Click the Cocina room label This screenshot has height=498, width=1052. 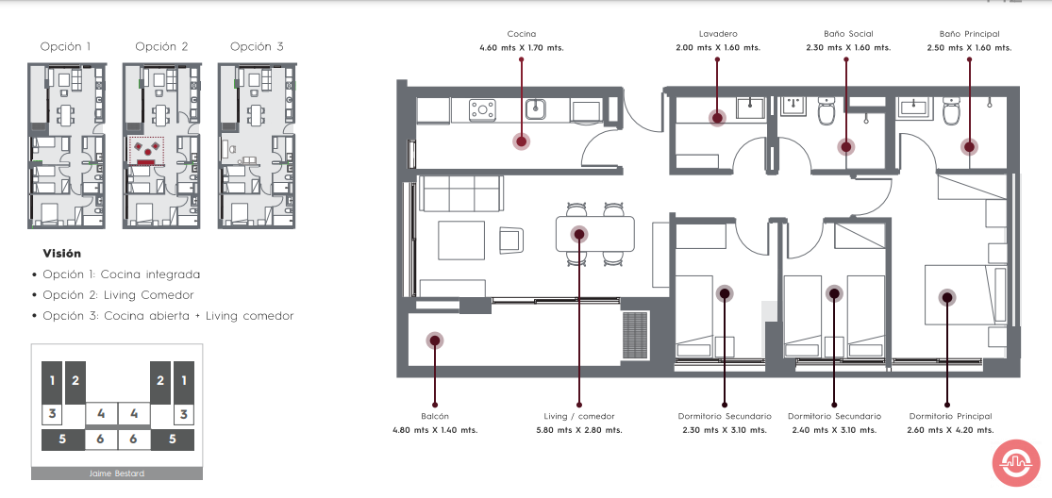pyautogui.click(x=522, y=34)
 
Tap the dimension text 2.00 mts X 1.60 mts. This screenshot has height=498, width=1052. pyautogui.click(x=718, y=47)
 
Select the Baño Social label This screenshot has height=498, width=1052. pyautogui.click(x=848, y=34)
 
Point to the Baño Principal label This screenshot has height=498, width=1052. pyautogui.click(x=969, y=34)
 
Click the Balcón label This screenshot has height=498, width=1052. pyautogui.click(x=435, y=416)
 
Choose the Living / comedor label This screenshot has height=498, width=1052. pyautogui.click(x=579, y=416)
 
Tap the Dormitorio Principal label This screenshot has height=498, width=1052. pyautogui.click(x=950, y=416)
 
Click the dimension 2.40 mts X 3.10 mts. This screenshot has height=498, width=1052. pyautogui.click(x=834, y=430)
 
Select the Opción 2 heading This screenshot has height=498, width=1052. pyautogui.click(x=161, y=47)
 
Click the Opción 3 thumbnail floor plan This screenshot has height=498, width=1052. pyautogui.click(x=257, y=145)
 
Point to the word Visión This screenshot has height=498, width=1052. pyautogui.click(x=61, y=254)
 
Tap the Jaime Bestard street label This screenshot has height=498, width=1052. pyautogui.click(x=117, y=473)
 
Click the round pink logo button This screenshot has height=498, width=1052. pyautogui.click(x=1016, y=463)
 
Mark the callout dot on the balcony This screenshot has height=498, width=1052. pyautogui.click(x=434, y=340)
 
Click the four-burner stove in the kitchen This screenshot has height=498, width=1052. pyautogui.click(x=482, y=109)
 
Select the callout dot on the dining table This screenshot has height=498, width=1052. pyautogui.click(x=578, y=234)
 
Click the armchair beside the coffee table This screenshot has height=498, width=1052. pyautogui.click(x=512, y=240)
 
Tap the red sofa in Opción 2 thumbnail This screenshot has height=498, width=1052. pyautogui.click(x=147, y=161)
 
